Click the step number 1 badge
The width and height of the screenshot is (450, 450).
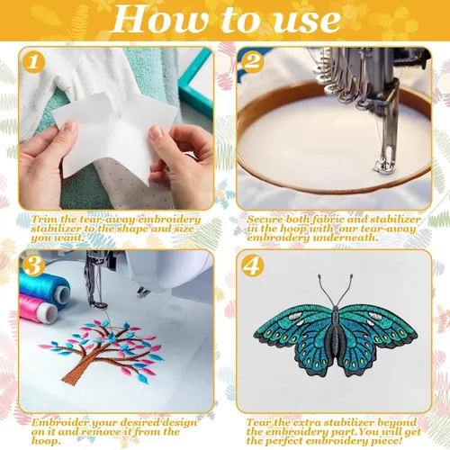pyautogui.click(x=33, y=62)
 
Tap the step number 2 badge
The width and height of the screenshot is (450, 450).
pyautogui.click(x=252, y=62)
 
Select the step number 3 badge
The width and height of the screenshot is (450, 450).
pyautogui.click(x=33, y=265)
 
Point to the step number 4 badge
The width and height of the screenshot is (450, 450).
pyautogui.click(x=252, y=265)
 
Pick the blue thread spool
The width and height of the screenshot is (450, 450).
pyautogui.click(x=44, y=287)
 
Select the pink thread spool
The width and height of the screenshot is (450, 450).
pyautogui.click(x=38, y=309)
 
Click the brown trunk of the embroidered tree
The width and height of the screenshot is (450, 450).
pyautogui.click(x=77, y=370)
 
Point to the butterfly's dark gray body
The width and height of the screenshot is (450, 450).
pyautogui.click(x=336, y=335)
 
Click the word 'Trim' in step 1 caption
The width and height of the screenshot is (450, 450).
pyautogui.click(x=43, y=220)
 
